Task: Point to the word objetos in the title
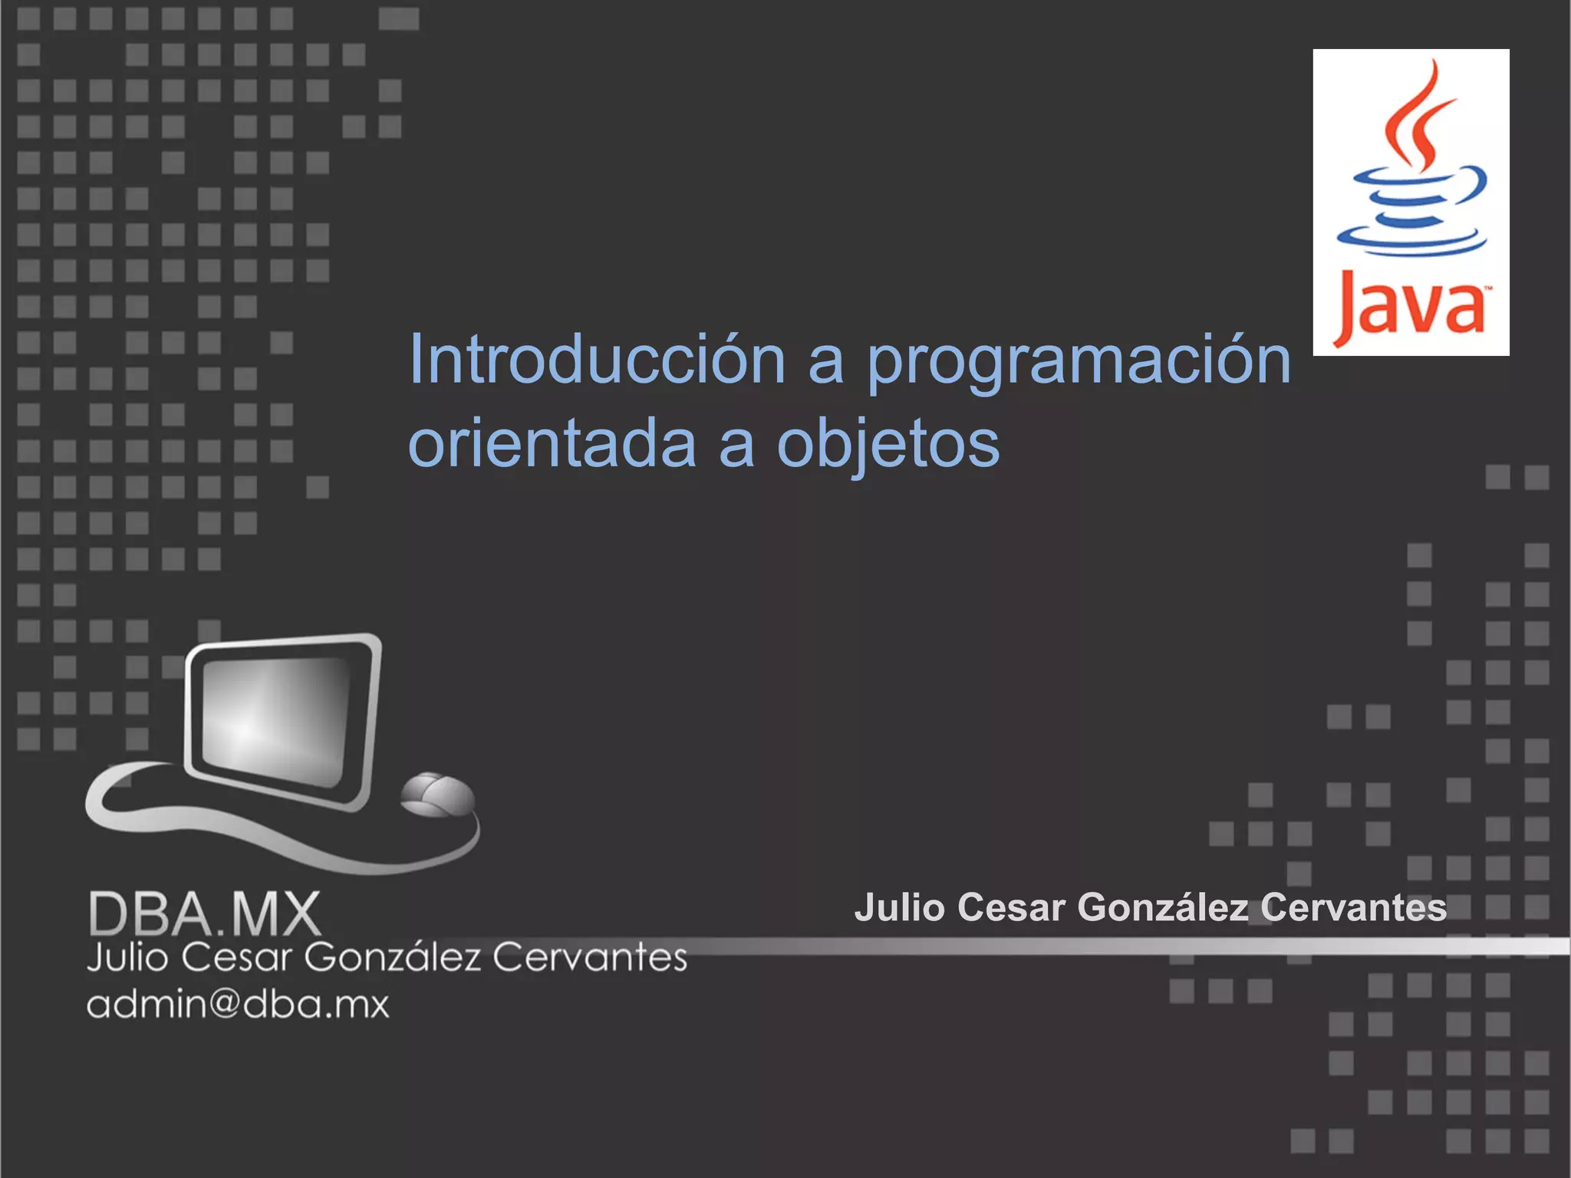click(x=888, y=445)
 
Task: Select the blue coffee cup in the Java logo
click(x=1411, y=211)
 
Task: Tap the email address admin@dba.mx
click(x=238, y=1004)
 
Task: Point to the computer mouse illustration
click(x=437, y=795)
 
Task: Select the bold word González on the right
click(x=1163, y=907)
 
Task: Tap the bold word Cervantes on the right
click(x=1353, y=907)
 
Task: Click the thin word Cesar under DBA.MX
click(x=237, y=957)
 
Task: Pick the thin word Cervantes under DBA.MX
click(x=589, y=957)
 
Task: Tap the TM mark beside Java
click(x=1487, y=290)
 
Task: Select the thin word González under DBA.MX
click(x=393, y=957)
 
